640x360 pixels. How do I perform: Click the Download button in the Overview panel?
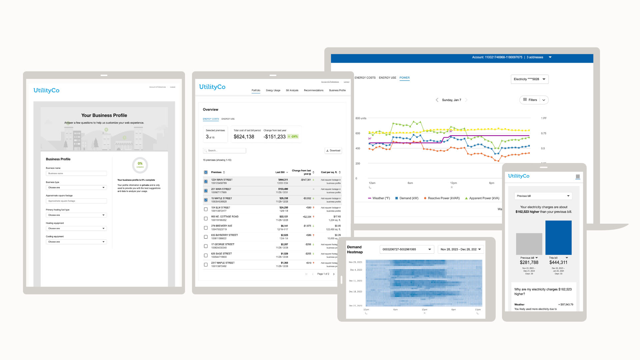(x=333, y=151)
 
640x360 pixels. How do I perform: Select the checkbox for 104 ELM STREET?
(x=206, y=209)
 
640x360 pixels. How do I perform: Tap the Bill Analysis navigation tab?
(x=292, y=90)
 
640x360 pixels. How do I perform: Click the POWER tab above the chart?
(x=404, y=78)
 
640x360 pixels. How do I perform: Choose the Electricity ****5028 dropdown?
(x=529, y=79)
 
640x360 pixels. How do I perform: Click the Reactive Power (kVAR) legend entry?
(x=442, y=198)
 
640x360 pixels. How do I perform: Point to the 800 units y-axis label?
(x=361, y=118)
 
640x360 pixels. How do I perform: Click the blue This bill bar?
(x=558, y=238)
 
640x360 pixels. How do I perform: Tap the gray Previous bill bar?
(x=529, y=244)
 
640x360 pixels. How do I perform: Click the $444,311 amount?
(x=558, y=263)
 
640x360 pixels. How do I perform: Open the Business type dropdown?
(x=76, y=188)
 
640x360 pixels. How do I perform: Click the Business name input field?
(x=76, y=174)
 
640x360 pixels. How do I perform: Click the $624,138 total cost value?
(x=244, y=137)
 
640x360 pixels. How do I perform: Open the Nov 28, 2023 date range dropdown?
(x=461, y=249)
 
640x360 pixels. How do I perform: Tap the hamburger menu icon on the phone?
(x=578, y=177)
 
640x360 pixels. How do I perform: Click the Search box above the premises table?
(x=225, y=151)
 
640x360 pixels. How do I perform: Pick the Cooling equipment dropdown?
(x=76, y=242)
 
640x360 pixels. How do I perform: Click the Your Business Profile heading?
(x=104, y=115)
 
